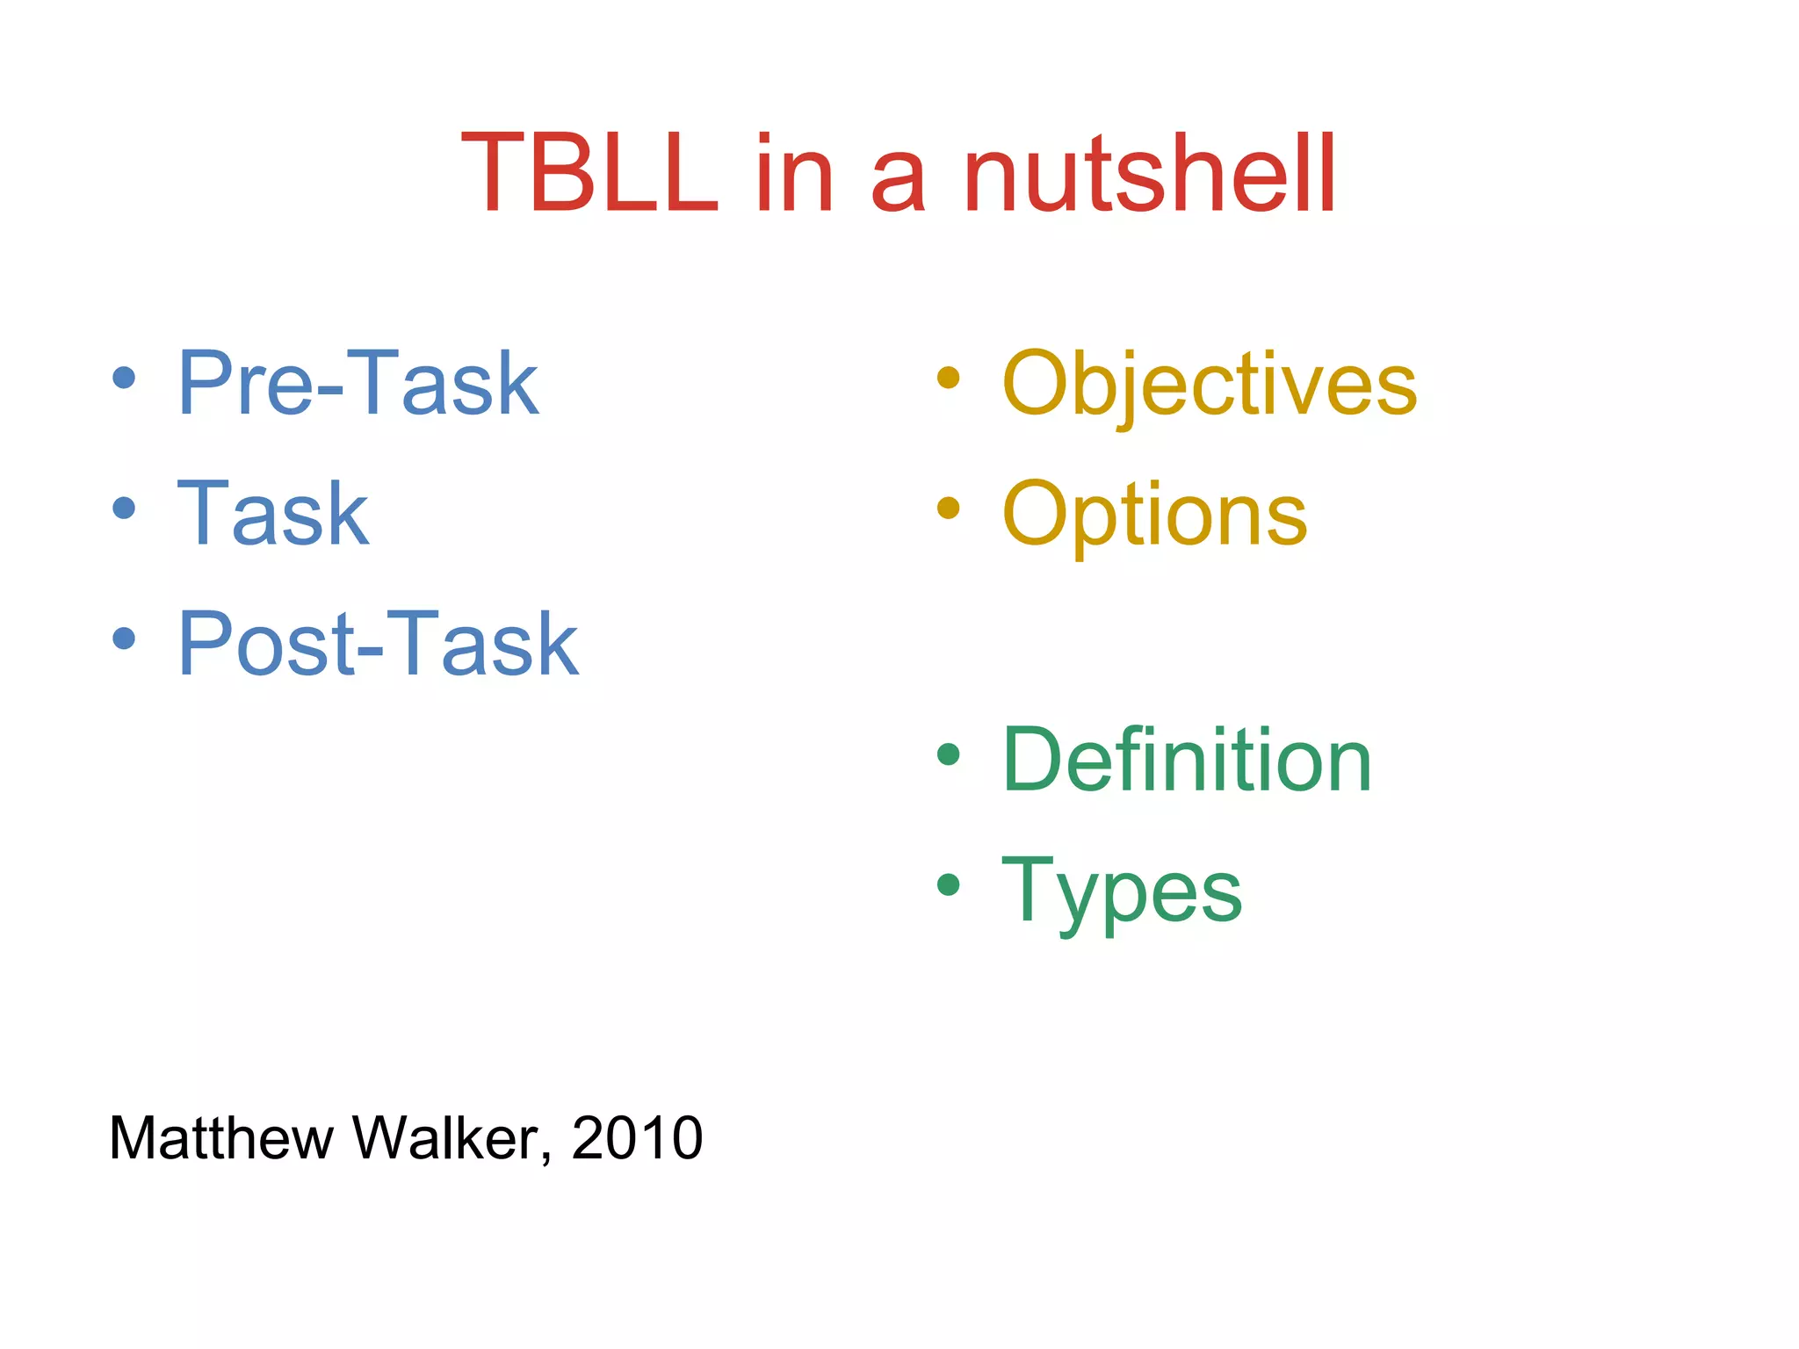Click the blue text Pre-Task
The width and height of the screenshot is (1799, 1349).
pyautogui.click(x=358, y=384)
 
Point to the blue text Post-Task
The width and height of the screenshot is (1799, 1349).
pyautogui.click(x=378, y=645)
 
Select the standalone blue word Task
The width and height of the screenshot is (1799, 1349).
pyautogui.click(x=273, y=515)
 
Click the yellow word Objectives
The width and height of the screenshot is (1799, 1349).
pyautogui.click(x=1209, y=384)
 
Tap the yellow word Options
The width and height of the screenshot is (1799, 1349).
pyautogui.click(x=1154, y=515)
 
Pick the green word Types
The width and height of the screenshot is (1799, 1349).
pyautogui.click(x=1122, y=891)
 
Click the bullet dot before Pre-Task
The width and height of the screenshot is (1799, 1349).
pyautogui.click(x=124, y=378)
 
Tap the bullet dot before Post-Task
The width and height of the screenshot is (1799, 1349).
pyautogui.click(x=124, y=638)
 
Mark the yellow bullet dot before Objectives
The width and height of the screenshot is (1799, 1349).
pyautogui.click(x=948, y=378)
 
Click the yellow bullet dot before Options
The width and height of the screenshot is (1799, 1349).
pyautogui.click(x=948, y=508)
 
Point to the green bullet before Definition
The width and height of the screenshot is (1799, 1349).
pyautogui.click(x=948, y=754)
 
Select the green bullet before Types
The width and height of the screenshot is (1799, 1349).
pyautogui.click(x=948, y=884)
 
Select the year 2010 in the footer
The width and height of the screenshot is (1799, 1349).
pyautogui.click(x=637, y=1139)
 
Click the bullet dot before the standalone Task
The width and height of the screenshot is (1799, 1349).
pyautogui.click(x=124, y=508)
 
